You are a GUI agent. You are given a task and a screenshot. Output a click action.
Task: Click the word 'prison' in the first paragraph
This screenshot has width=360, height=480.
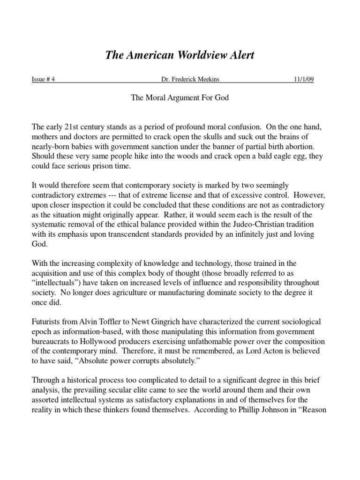coord(103,166)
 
